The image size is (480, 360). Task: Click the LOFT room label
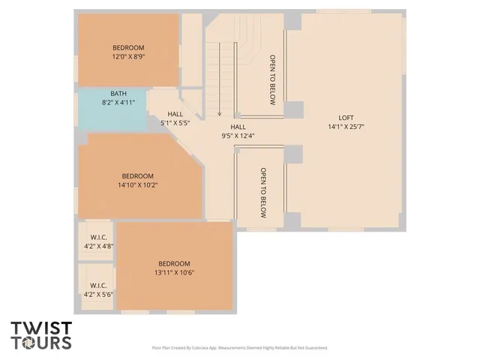(x=346, y=118)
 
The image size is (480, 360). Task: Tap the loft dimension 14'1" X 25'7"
(x=346, y=127)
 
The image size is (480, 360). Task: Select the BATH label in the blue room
(x=118, y=94)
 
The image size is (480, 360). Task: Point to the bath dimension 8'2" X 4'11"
(x=118, y=103)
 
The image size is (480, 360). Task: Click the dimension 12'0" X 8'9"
(x=128, y=57)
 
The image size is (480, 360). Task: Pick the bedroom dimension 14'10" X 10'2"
(x=137, y=184)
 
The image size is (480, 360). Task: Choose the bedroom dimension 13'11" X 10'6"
(x=174, y=273)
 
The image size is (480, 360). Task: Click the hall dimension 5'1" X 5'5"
(x=175, y=122)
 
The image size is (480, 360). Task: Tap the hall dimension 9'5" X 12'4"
(x=238, y=136)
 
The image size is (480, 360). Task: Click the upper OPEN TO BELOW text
(x=273, y=79)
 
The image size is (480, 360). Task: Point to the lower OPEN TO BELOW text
(x=263, y=193)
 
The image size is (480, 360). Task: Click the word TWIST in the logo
(x=41, y=328)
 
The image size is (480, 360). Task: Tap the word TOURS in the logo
(x=41, y=343)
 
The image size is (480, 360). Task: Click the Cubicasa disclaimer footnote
(x=240, y=348)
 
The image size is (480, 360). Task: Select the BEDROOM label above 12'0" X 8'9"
(x=128, y=48)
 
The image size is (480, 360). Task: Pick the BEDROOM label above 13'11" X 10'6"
(x=174, y=263)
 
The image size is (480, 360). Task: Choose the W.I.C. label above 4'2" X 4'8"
(x=98, y=237)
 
